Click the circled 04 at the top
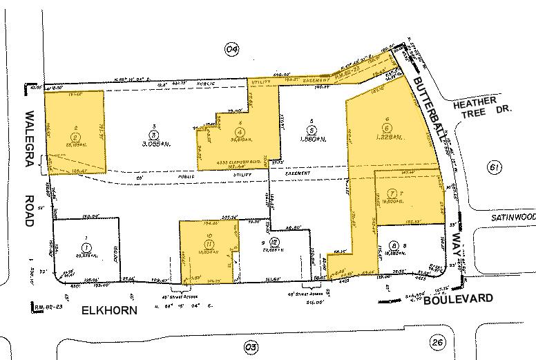coord(231,48)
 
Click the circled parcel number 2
coord(74,129)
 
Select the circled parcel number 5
coord(312,129)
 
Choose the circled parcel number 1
coord(86,247)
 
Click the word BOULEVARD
coord(459,299)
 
